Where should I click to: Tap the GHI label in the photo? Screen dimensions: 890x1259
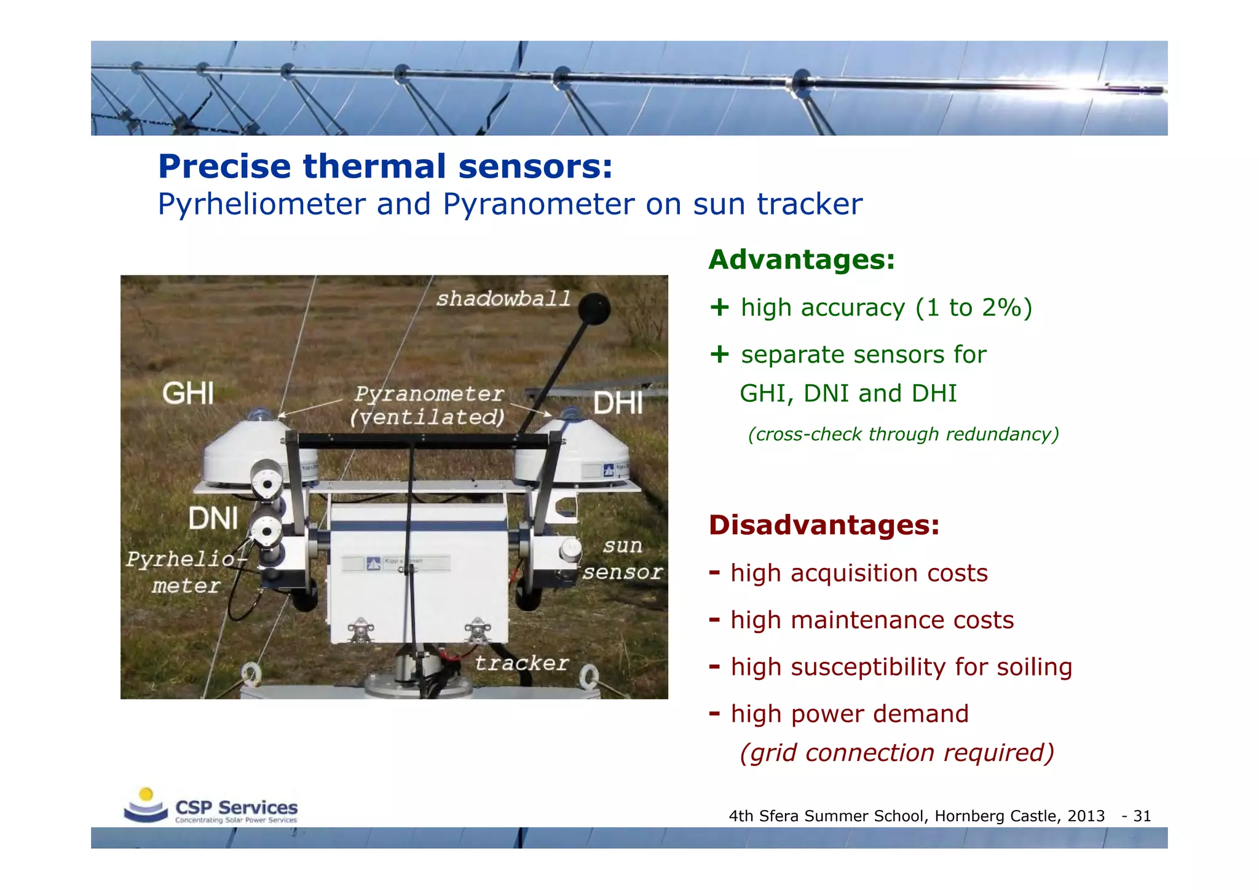(x=188, y=393)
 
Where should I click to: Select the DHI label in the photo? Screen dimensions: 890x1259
(x=618, y=404)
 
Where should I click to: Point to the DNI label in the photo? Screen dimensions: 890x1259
(x=213, y=518)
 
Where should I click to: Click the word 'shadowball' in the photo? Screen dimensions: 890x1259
(x=503, y=299)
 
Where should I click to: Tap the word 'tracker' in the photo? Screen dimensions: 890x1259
(x=521, y=663)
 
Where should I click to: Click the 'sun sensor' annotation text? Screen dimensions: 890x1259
(x=622, y=559)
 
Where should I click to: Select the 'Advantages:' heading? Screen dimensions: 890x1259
(x=801, y=259)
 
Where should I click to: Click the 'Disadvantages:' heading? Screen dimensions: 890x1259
(x=824, y=525)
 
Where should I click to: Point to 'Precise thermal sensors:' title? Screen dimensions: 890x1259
(x=385, y=167)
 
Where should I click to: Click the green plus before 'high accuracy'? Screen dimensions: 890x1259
(x=719, y=307)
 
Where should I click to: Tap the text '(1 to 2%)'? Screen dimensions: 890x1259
(x=973, y=307)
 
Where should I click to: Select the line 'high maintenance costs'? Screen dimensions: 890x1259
(x=872, y=620)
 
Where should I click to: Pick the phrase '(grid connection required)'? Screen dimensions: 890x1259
(x=897, y=753)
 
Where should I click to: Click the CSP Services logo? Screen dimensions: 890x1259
(x=210, y=807)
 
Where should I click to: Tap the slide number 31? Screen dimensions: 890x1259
(x=1142, y=816)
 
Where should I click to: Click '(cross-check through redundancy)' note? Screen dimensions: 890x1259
(x=903, y=435)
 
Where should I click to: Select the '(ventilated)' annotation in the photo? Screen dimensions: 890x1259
(x=427, y=417)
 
